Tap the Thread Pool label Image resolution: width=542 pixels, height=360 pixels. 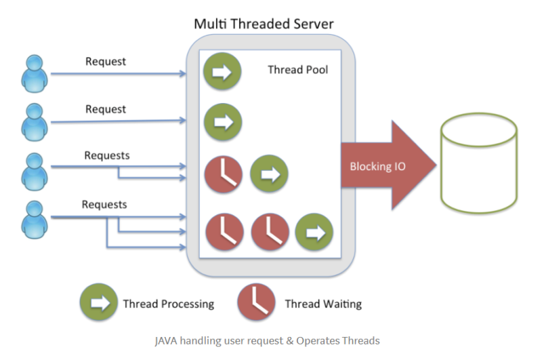(x=297, y=69)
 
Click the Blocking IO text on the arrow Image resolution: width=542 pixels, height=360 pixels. (x=377, y=166)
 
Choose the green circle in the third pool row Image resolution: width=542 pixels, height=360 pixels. (x=269, y=174)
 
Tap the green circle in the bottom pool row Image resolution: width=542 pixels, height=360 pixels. (x=314, y=232)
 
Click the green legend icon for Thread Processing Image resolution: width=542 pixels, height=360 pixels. (x=99, y=303)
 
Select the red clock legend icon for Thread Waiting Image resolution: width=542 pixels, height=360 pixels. (x=256, y=303)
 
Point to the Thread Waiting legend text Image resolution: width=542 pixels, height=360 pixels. (x=323, y=304)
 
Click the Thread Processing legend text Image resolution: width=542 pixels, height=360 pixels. (x=169, y=304)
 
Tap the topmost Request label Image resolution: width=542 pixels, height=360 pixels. (x=106, y=62)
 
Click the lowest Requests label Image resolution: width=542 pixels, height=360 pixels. (x=104, y=204)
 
